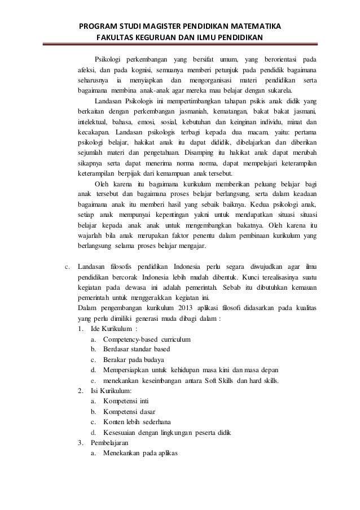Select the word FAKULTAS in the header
114,38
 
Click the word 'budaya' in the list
153,360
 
